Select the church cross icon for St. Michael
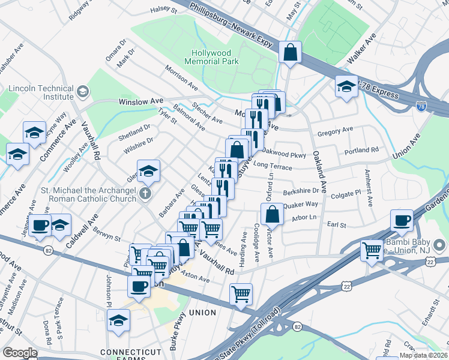tap(145, 194)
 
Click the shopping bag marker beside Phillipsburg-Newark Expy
tap(291, 52)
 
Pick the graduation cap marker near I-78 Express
tap(346, 87)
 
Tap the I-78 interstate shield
tap(423, 107)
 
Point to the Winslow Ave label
tap(141, 102)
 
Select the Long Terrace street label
tap(273, 165)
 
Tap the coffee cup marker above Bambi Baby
tap(402, 220)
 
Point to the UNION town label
tap(202, 313)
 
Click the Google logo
tap(20, 353)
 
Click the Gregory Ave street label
tap(336, 131)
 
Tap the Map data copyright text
tap(423, 355)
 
